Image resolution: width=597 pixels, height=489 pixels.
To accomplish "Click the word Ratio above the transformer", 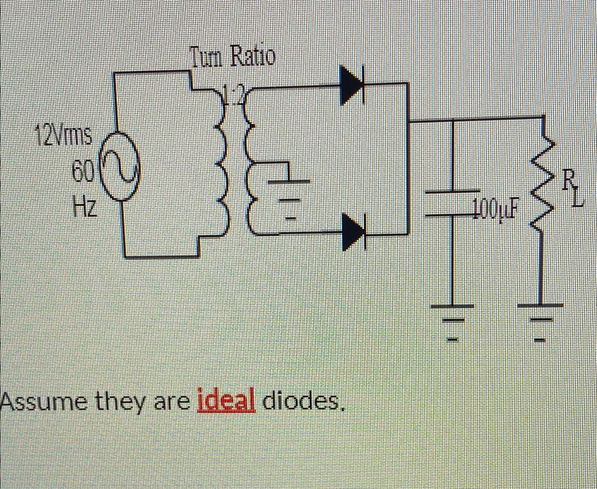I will (x=252, y=57).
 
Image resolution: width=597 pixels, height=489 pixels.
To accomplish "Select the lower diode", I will (x=353, y=232).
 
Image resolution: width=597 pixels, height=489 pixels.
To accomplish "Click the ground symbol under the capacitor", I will (x=453, y=322).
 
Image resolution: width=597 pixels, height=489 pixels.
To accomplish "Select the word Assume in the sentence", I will (x=43, y=403).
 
